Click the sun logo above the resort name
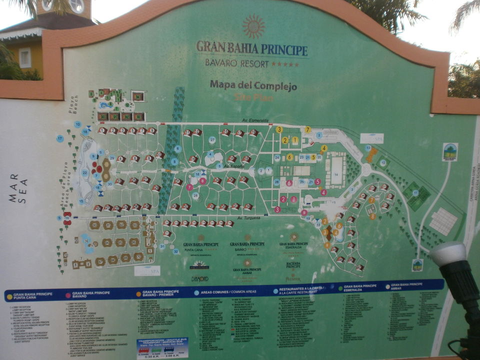253,26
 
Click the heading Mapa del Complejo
253,85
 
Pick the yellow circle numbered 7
308,130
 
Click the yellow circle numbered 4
324,148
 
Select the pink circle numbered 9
304,212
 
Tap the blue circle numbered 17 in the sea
60,138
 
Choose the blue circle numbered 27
212,140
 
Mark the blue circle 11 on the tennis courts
415,192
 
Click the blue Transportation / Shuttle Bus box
162,348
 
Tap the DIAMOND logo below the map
199,278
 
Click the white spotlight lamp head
447,253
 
